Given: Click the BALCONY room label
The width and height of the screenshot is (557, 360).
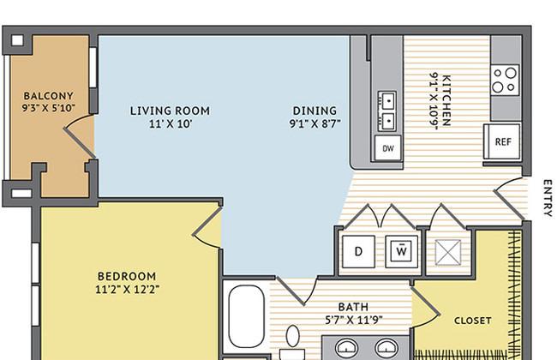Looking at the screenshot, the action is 48,96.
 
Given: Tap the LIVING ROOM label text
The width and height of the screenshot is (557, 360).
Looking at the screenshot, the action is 170,111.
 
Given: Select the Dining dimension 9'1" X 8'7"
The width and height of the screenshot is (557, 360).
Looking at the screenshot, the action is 315,123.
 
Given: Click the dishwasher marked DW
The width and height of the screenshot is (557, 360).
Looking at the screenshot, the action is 388,147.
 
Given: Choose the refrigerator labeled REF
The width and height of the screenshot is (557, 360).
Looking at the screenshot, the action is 503,141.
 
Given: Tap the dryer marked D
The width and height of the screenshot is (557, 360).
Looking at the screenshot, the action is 358,252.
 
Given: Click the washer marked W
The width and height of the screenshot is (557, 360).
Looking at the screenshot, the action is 401,252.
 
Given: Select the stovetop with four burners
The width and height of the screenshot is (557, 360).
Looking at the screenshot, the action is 505,80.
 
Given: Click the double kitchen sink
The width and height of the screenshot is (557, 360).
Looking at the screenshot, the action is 386,111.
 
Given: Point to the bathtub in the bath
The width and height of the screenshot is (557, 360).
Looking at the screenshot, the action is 246,316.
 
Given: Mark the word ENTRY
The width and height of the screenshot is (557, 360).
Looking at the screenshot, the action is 548,198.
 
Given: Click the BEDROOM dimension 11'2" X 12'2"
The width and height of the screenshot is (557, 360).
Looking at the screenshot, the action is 127,289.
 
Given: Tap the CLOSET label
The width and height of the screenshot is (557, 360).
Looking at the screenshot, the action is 473,321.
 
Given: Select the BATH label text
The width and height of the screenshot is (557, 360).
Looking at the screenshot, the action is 353,307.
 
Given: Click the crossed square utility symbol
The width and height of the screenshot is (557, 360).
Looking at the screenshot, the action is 448,252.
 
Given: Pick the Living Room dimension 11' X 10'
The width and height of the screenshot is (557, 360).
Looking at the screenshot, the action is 171,124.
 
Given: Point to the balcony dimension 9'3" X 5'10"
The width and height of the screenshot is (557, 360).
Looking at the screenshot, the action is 48,108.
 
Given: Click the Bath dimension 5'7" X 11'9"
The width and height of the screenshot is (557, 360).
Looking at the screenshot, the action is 354,321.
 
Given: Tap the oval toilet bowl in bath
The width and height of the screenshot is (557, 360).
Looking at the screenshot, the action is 293,335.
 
